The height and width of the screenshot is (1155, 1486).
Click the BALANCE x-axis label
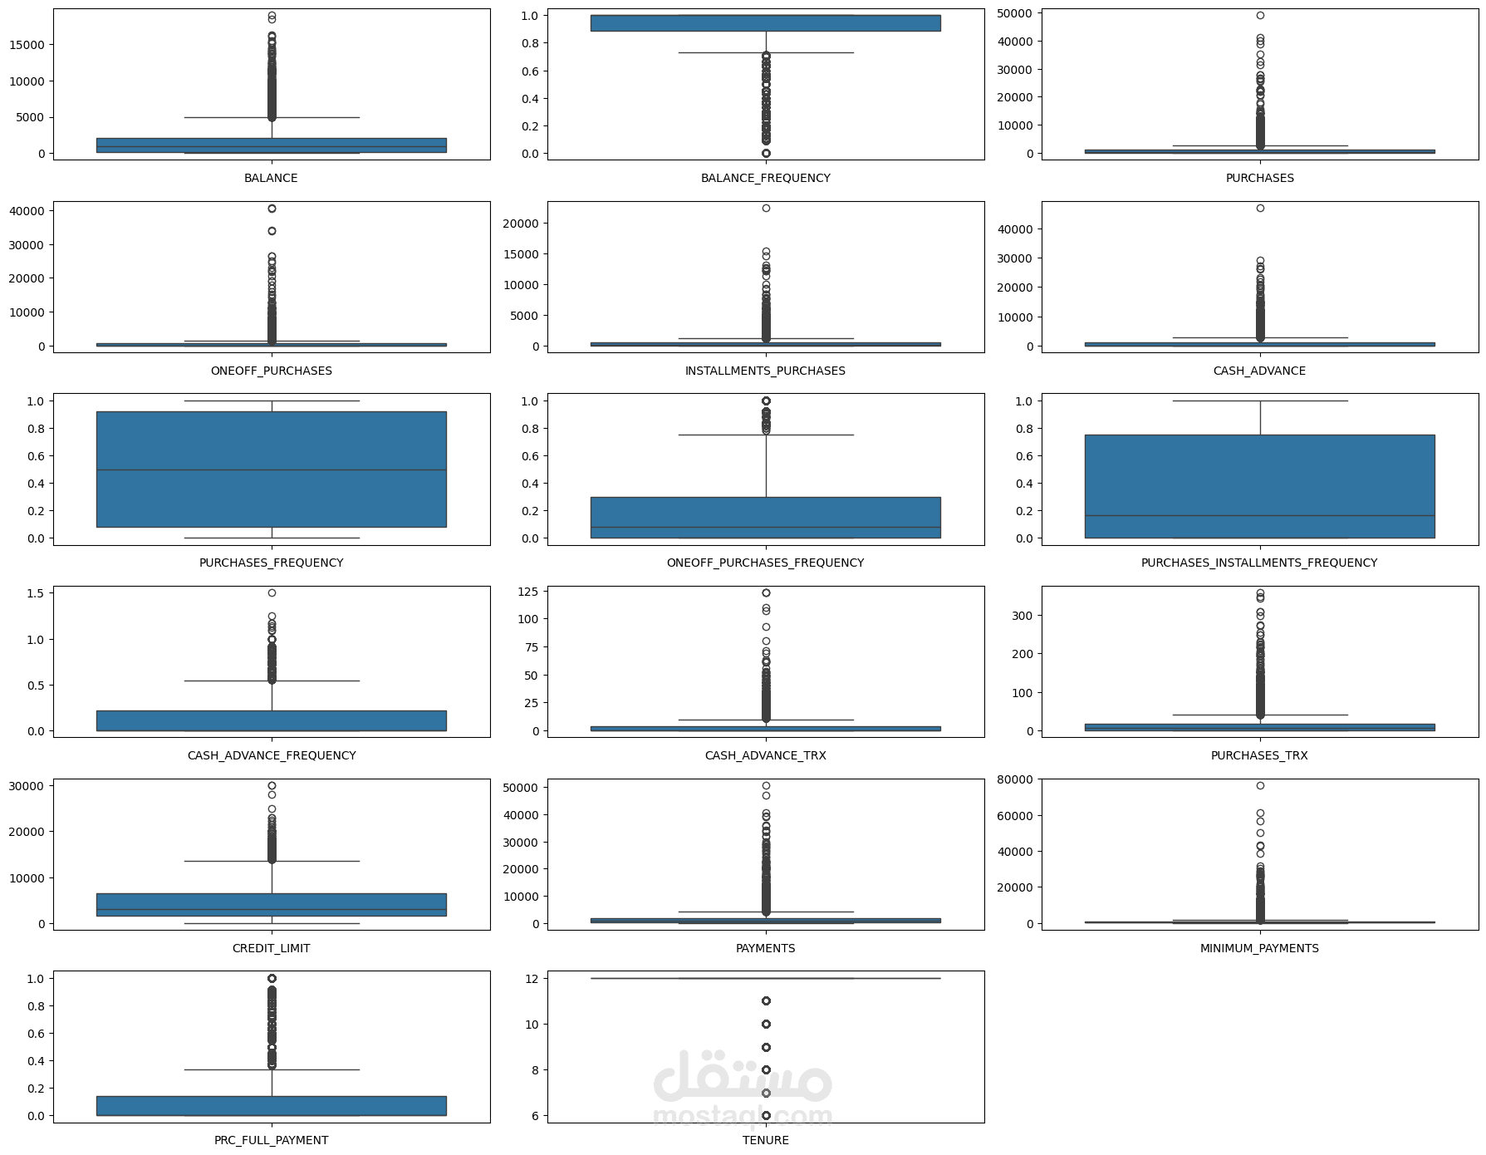tap(271, 178)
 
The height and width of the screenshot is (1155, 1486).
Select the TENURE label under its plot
tap(765, 1140)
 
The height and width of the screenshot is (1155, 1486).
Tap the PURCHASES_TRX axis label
tap(1258, 755)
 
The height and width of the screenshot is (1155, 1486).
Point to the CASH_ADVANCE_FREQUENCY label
tap(271, 755)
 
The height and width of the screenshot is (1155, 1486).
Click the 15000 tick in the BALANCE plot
tap(27, 45)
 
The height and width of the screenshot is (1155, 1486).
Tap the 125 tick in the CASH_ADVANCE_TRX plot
tap(527, 592)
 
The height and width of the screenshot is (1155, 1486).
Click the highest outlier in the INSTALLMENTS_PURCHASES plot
tap(765, 209)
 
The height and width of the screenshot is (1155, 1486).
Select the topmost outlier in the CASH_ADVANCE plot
tap(1259, 209)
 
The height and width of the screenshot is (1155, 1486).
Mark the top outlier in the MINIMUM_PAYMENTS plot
tap(1259, 785)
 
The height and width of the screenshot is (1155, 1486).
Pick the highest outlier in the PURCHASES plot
tap(1259, 16)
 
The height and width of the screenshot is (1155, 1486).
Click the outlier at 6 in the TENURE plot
tap(765, 1115)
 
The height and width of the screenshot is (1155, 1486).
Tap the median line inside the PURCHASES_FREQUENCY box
tap(271, 470)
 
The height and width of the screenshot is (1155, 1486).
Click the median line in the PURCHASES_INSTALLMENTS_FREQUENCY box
tap(1258, 516)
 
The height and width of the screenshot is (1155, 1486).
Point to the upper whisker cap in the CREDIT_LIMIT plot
tap(271, 861)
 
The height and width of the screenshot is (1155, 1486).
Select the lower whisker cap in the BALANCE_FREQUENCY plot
tap(765, 53)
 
